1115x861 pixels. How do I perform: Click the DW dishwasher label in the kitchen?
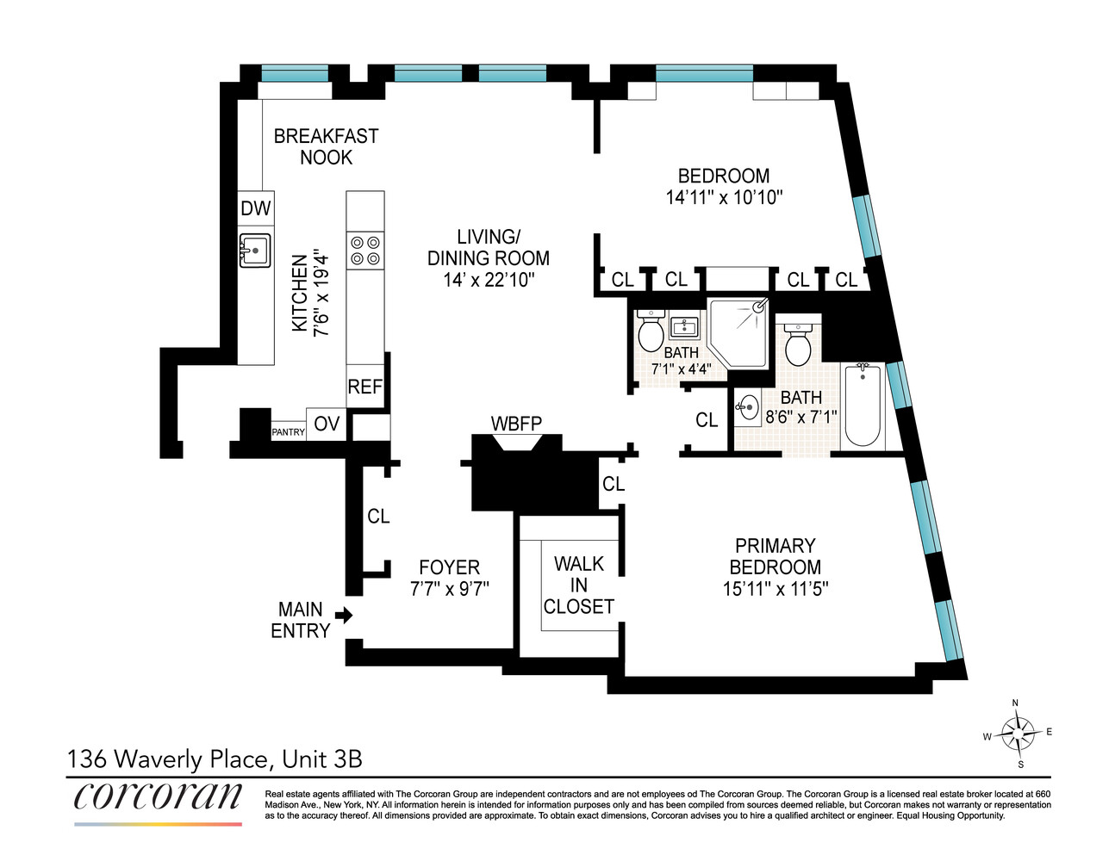pyautogui.click(x=256, y=208)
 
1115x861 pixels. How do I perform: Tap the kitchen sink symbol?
pyautogui.click(x=255, y=251)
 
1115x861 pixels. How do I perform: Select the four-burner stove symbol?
pyautogui.click(x=365, y=250)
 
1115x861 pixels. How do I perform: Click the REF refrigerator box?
pyautogui.click(x=364, y=387)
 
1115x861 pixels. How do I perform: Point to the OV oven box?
pyautogui.click(x=327, y=424)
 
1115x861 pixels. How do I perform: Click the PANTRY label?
pyautogui.click(x=289, y=431)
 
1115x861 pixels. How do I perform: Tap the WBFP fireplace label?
pyautogui.click(x=516, y=424)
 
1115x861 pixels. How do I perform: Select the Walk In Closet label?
pyautogui.click(x=579, y=585)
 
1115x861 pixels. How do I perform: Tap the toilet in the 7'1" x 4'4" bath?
pyautogui.click(x=651, y=331)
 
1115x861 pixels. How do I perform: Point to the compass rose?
pyautogui.click(x=1018, y=734)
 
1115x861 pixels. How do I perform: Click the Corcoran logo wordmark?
pyautogui.click(x=158, y=796)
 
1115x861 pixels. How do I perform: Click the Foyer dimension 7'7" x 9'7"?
pyautogui.click(x=450, y=589)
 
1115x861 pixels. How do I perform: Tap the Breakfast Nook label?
pyautogui.click(x=326, y=146)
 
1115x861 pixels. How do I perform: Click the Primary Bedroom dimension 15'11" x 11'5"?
pyautogui.click(x=776, y=589)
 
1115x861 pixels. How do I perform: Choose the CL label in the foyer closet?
pyautogui.click(x=378, y=516)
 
